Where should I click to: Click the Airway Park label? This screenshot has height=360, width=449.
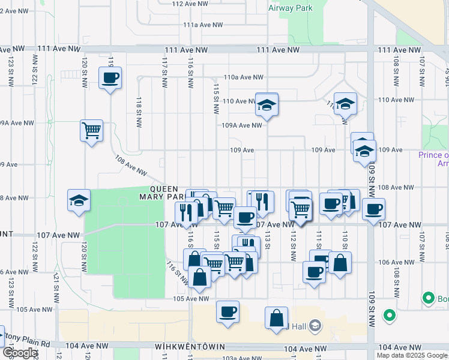pos(291,8)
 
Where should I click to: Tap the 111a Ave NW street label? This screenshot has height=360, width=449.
pos(203,25)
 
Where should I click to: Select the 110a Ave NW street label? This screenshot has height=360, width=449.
pos(243,77)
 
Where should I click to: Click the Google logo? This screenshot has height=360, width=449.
pos(20,353)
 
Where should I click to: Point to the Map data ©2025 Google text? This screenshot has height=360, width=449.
pos(412,355)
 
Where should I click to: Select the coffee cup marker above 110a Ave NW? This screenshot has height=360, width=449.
pos(110,78)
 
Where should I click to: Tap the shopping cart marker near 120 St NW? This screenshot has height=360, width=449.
pos(91,130)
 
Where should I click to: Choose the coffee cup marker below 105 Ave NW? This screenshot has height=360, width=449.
pos(228,312)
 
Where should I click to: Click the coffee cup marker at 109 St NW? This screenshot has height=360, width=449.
pos(373,209)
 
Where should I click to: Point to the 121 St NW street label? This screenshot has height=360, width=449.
pos(55,284)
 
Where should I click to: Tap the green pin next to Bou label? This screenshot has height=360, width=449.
pos(428,297)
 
